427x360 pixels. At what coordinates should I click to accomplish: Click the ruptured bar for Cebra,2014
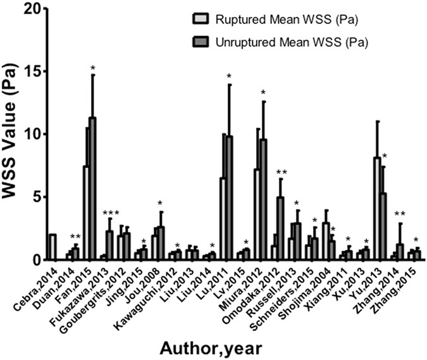[x=53, y=247]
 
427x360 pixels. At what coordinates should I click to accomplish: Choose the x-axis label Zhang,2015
[x=400, y=285]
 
